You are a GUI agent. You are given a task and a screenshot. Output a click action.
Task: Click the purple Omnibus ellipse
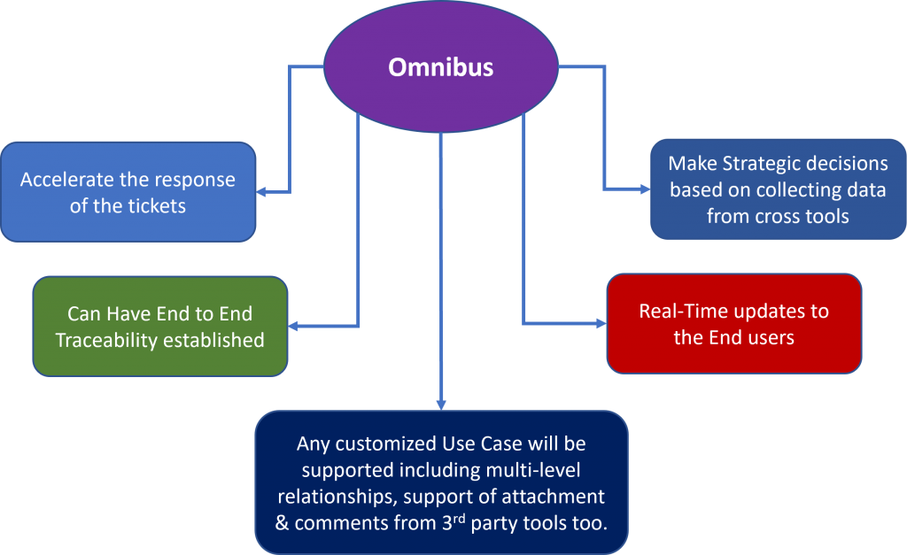(440, 66)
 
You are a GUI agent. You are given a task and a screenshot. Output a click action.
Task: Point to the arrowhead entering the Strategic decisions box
(643, 189)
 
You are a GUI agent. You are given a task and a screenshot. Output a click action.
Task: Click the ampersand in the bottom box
(283, 522)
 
